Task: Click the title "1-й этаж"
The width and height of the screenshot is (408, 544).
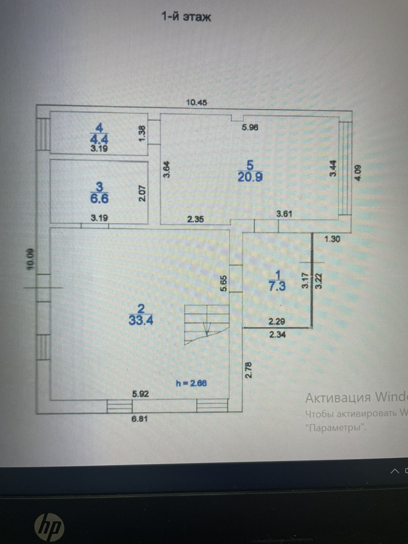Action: click(186, 17)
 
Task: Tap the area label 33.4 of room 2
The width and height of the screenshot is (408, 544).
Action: click(141, 321)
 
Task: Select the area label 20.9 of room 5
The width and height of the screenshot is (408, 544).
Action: click(250, 177)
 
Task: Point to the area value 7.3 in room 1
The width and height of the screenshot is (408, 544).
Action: click(277, 286)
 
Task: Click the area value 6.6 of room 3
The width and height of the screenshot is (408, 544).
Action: click(99, 199)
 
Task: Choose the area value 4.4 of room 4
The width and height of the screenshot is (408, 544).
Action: click(99, 139)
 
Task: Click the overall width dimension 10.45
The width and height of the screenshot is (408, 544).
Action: click(197, 102)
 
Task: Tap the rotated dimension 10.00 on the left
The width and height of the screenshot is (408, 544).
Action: click(30, 259)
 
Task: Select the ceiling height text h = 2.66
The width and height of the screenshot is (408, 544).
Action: click(192, 383)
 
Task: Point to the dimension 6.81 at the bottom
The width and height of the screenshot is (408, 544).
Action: click(140, 419)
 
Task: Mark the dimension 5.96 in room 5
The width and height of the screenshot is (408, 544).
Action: click(250, 127)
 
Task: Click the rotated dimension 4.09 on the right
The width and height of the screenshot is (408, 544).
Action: click(358, 173)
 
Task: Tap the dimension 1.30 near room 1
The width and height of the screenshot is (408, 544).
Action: click(332, 239)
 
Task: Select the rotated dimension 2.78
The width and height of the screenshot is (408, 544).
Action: click(249, 370)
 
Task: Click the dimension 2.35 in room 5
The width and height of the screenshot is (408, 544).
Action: click(195, 219)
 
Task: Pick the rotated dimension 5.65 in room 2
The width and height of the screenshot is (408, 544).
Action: click(224, 283)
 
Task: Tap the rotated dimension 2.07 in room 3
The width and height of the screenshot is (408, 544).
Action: click(142, 193)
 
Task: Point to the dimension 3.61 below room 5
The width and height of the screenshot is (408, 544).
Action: click(284, 214)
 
